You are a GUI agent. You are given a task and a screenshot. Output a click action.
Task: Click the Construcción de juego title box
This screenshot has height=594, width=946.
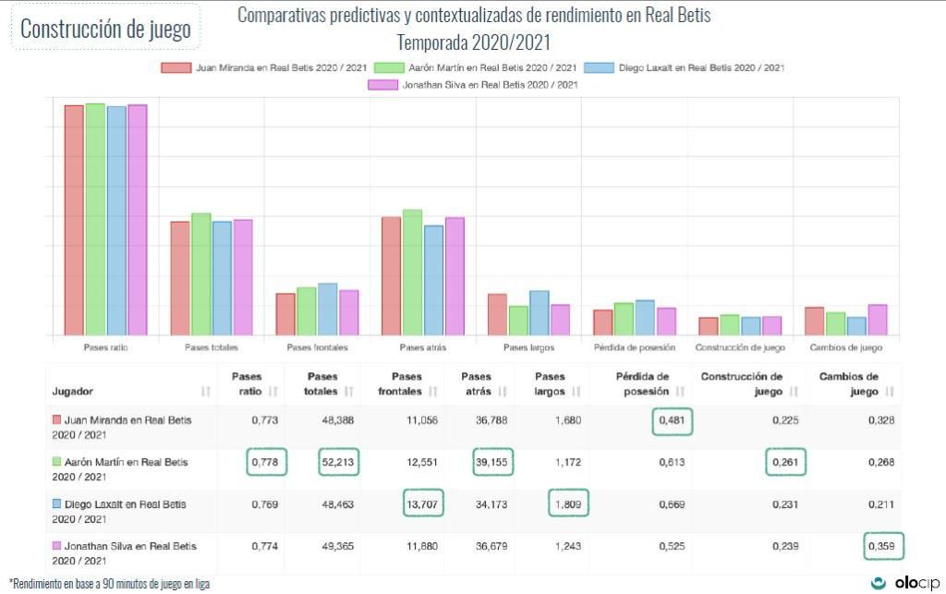click(105, 29)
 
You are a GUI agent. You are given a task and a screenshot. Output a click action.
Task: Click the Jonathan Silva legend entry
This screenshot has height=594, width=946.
click(473, 85)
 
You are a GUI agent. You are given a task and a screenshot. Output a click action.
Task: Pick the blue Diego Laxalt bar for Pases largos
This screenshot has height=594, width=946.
click(540, 312)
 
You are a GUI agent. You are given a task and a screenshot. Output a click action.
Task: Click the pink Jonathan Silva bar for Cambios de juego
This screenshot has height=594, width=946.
click(878, 320)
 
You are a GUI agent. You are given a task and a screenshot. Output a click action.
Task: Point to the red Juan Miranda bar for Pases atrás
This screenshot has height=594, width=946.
click(391, 275)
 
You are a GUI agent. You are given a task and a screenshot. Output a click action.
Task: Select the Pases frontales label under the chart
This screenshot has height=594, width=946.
click(317, 348)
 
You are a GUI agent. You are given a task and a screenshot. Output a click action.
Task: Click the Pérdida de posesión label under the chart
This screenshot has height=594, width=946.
click(634, 348)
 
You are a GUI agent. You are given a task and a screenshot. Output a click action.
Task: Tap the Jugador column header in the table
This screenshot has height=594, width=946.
click(73, 392)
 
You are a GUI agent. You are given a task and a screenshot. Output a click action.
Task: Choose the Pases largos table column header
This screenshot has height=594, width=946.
click(550, 383)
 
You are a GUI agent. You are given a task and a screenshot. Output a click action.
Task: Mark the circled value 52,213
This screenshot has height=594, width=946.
click(339, 462)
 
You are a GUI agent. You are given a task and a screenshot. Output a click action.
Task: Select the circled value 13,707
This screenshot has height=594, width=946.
click(423, 504)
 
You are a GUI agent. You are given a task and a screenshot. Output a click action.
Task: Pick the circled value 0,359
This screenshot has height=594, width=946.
click(884, 546)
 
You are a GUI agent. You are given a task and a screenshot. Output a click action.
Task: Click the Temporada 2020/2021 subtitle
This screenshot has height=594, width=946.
click(473, 42)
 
